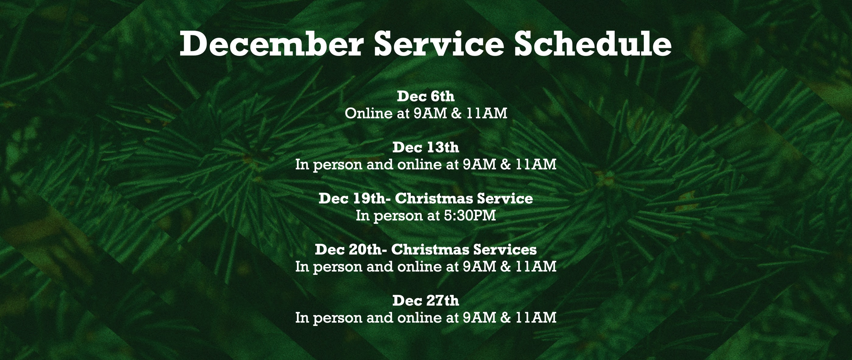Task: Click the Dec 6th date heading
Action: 426,96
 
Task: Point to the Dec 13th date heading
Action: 426,147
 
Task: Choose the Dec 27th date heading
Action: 426,300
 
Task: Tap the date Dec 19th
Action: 349,198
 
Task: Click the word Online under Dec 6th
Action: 368,113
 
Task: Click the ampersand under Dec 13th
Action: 506,164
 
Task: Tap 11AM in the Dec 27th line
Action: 536,318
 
